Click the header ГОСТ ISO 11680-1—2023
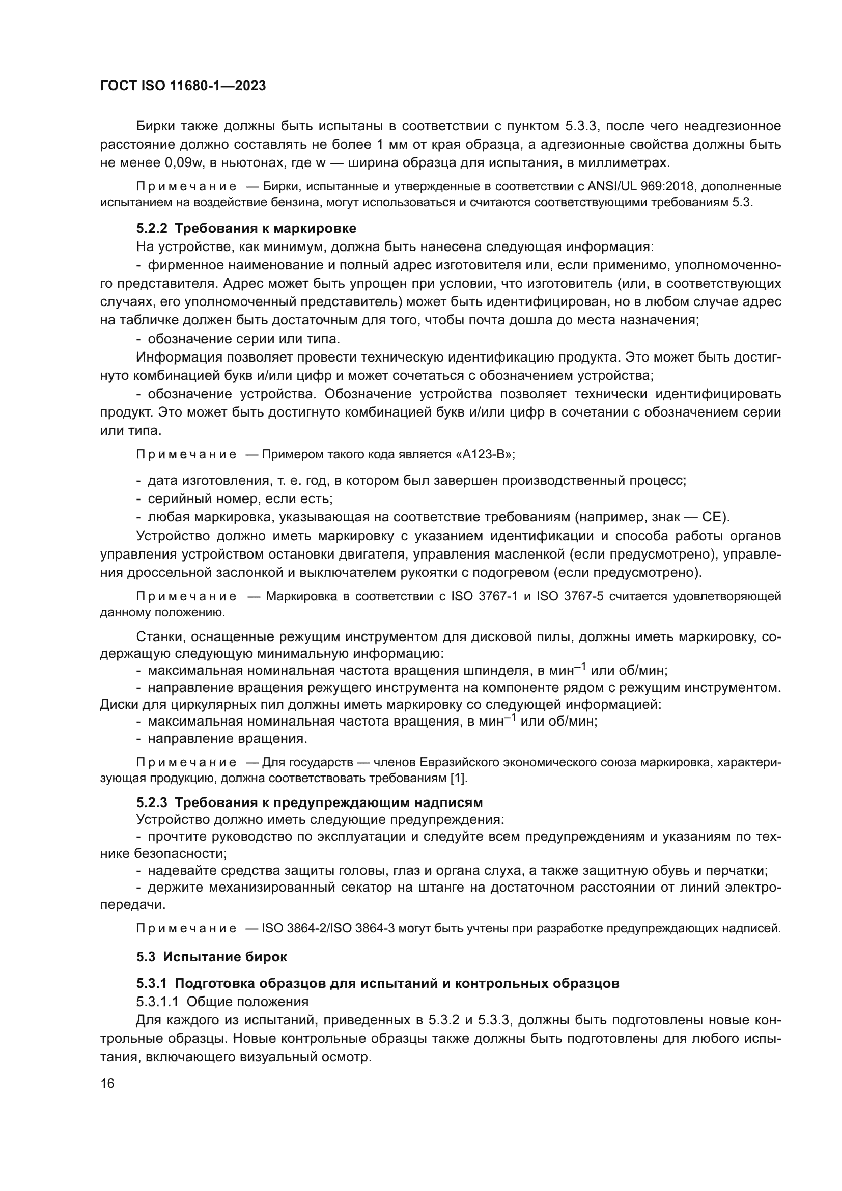pos(183,86)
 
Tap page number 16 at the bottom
pos(107,1083)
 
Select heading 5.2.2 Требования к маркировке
pos(246,228)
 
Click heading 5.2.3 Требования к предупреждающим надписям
pos(310,802)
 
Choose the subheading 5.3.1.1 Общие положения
pos(222,1001)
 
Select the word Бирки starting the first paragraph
pos(156,126)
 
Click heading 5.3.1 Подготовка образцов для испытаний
pos(378,983)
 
